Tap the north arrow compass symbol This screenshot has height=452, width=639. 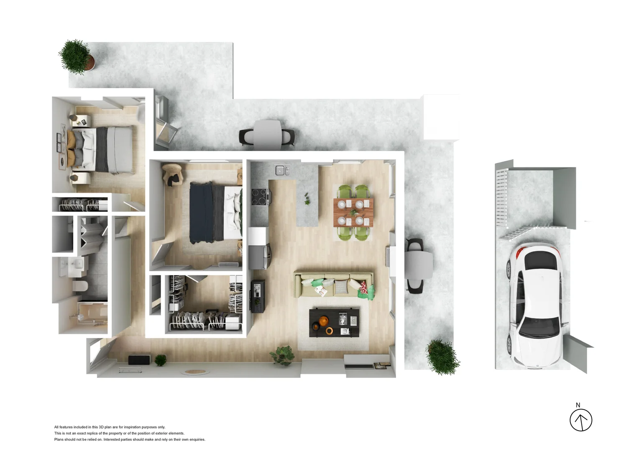coord(581,420)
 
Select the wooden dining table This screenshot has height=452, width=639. coord(353,213)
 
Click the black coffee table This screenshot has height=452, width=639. coord(334,322)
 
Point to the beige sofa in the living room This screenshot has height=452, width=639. coord(334,285)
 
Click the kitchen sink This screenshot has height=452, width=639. coord(282,170)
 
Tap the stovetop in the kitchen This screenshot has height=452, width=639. coord(260,197)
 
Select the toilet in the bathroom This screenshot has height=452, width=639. coord(80,286)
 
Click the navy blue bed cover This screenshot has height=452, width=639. coord(202,213)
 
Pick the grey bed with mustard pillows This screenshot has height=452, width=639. coord(100,149)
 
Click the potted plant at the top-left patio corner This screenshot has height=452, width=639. coord(77,57)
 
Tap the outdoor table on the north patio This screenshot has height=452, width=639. coord(267,134)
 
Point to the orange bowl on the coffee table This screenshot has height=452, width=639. coord(323,321)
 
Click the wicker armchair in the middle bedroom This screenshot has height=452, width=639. coord(172,174)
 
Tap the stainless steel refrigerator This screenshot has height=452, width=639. coord(259,257)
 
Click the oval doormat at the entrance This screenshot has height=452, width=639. coord(195,372)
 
